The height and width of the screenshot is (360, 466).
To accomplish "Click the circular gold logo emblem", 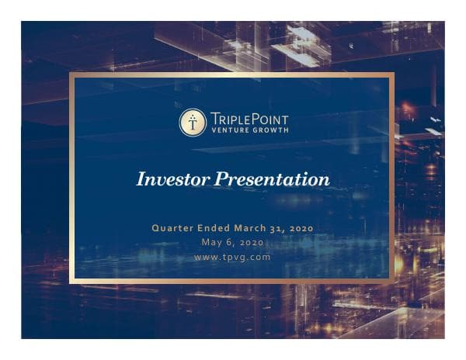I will [x=193, y=123].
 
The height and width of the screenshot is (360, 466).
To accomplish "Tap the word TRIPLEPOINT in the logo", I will [x=249, y=117].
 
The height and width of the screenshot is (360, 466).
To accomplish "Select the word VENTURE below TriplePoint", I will [x=231, y=130].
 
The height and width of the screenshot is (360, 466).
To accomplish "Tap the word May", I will [x=212, y=242].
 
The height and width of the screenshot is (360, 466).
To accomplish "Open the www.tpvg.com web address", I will [x=232, y=257].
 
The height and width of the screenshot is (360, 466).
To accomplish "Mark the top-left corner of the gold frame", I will [x=71, y=74].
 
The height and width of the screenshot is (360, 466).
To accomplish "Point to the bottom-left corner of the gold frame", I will [x=71, y=281].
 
